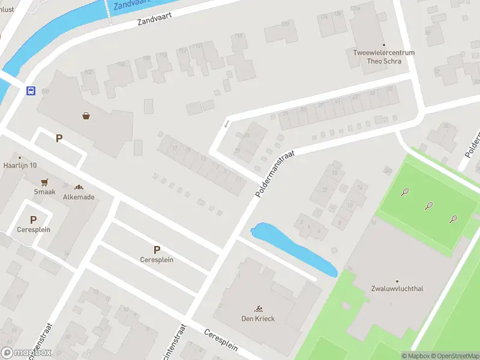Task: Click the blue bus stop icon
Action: [x=31, y=91]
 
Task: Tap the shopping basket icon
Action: [x=87, y=116]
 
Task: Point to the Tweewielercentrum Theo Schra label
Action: [x=384, y=57]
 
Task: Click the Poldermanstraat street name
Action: [x=275, y=173]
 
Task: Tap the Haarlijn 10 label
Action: [x=20, y=165]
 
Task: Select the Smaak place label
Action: [x=44, y=192]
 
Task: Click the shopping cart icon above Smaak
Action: [x=44, y=182]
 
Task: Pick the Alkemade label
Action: [x=79, y=197]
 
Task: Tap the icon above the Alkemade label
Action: [x=79, y=187]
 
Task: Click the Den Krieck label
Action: [x=258, y=319]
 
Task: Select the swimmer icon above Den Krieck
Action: [x=258, y=309]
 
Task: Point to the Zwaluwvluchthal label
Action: [x=397, y=289]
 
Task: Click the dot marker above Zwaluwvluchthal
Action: [x=397, y=281]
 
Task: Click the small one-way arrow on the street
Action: [x=227, y=124]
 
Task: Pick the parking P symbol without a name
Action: [x=59, y=139]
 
